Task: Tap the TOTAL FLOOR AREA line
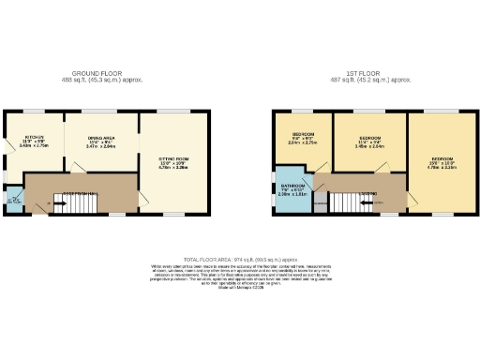241,257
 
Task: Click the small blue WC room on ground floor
14,199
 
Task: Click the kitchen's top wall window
33,111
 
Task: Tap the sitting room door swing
145,202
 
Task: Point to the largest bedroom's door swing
413,199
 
